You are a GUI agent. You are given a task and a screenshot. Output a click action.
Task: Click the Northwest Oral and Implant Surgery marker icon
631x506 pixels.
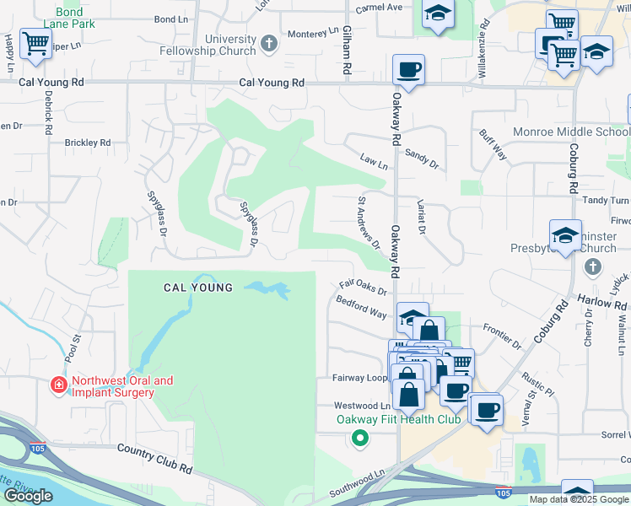(x=58, y=385)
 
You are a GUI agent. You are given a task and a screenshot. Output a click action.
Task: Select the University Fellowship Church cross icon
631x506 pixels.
(x=269, y=44)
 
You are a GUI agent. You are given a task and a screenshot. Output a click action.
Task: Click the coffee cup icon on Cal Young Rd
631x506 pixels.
(x=409, y=69)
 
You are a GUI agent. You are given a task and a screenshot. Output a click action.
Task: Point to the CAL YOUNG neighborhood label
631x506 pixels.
(x=197, y=288)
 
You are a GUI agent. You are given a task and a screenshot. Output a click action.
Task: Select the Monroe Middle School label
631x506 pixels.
(x=571, y=132)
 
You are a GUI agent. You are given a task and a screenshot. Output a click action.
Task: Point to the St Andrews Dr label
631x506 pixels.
(x=368, y=222)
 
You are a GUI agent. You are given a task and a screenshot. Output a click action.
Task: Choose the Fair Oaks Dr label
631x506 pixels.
(x=362, y=288)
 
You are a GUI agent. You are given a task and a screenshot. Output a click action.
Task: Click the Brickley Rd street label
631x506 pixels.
(x=88, y=143)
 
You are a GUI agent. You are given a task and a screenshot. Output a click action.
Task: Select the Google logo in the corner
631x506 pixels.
(x=28, y=496)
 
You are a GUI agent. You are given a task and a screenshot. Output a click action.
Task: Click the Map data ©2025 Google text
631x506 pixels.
(x=578, y=499)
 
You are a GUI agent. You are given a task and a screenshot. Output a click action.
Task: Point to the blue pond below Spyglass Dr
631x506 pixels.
(x=268, y=290)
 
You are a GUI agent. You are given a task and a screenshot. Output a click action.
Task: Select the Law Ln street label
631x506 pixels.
(x=372, y=159)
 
